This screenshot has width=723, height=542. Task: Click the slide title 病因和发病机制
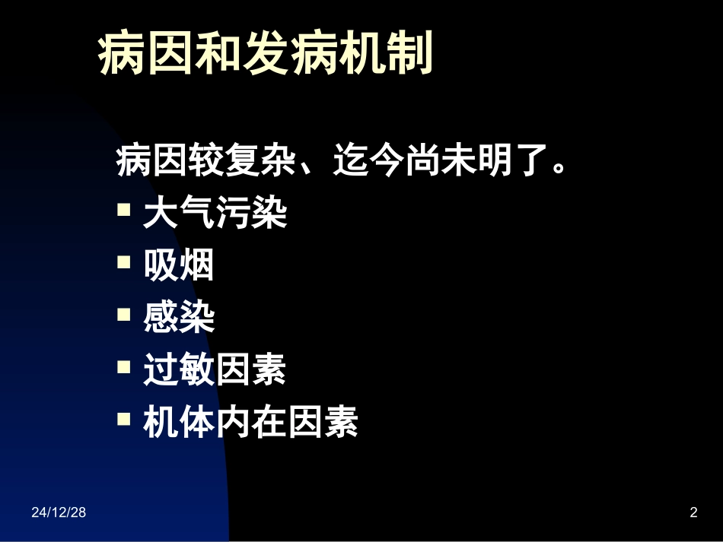(x=266, y=55)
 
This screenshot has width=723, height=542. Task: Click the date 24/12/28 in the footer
(x=59, y=513)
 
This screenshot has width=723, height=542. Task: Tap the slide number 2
(x=693, y=513)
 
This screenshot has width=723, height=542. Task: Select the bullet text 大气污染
(x=215, y=214)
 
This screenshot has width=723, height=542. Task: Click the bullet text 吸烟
(x=179, y=266)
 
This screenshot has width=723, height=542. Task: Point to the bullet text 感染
(x=179, y=318)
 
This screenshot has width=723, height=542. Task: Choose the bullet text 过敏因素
(x=215, y=370)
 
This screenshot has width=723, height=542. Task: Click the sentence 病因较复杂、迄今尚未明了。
(x=342, y=162)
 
